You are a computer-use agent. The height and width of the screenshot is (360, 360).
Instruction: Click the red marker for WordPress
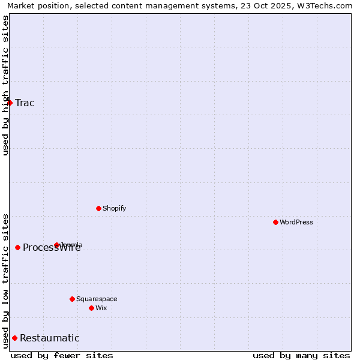point(275,222)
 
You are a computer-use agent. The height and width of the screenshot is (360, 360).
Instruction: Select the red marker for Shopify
point(98,208)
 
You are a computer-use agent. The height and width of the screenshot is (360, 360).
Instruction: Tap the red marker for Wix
point(91,308)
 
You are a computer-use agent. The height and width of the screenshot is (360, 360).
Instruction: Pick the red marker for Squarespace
point(72,299)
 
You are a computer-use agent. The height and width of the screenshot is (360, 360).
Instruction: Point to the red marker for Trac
point(10,103)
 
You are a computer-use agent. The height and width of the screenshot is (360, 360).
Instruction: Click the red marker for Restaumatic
point(14,338)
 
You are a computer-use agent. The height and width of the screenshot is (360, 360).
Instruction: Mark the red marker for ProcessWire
point(17,247)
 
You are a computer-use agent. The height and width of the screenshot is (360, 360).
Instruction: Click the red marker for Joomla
point(56,245)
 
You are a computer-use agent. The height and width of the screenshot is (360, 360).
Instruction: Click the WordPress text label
point(296,222)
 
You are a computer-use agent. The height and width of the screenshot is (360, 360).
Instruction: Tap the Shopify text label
point(114,208)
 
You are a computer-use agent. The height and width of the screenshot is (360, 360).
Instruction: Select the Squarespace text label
point(97,299)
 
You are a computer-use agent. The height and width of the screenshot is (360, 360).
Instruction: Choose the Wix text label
point(101,308)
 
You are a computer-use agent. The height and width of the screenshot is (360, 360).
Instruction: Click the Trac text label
point(25,103)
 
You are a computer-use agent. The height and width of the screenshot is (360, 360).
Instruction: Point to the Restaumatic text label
point(49,338)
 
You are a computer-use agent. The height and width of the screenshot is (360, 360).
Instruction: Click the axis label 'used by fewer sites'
point(62,355)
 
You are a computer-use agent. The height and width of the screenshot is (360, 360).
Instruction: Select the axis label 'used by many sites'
point(301,355)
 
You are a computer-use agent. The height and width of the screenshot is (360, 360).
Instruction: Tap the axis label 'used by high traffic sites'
point(5,85)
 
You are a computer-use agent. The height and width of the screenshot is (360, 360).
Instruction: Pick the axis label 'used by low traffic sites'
point(5,280)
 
